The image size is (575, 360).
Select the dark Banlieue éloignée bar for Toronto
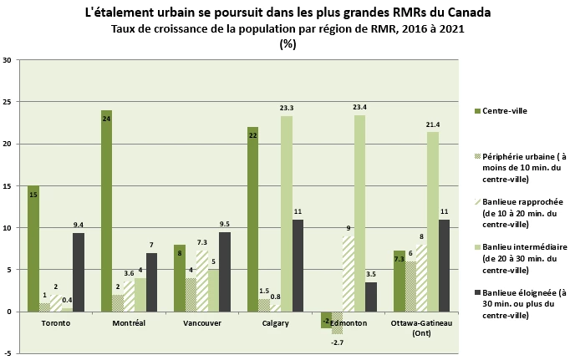tap(78, 271)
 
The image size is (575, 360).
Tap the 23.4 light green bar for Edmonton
tap(359, 213)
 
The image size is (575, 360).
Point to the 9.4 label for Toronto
tap(78, 225)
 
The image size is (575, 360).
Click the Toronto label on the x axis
tap(55, 322)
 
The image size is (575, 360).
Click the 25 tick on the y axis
tap(8, 103)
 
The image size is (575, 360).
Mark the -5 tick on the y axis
tap(8, 353)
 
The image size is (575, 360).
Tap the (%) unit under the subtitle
tap(287, 43)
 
